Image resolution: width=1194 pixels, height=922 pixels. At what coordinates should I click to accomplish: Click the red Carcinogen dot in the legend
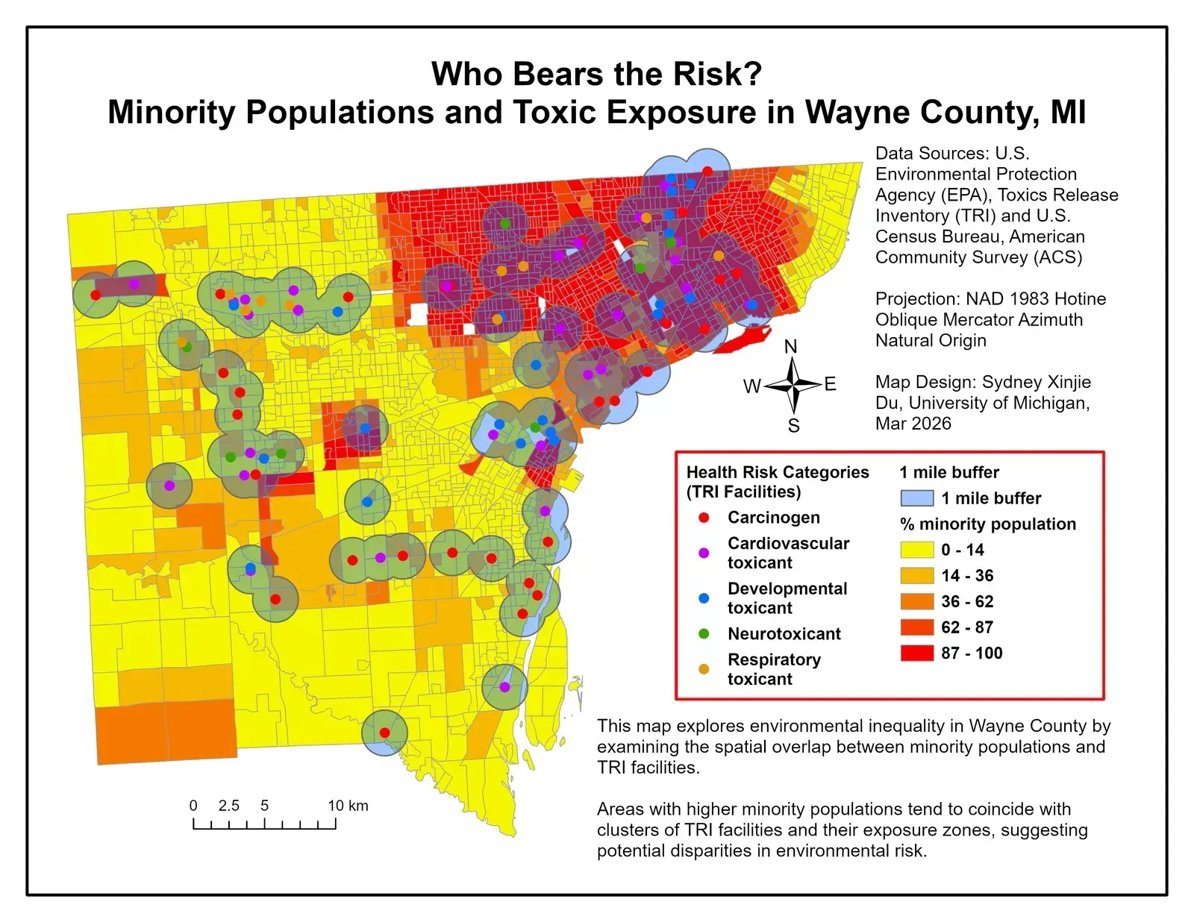tap(704, 518)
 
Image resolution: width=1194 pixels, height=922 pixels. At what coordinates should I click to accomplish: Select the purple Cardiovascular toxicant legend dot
tap(704, 553)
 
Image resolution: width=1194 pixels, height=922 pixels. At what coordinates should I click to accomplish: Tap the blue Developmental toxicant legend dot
tap(704, 598)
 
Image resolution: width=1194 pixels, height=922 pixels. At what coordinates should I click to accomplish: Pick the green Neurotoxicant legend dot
tap(704, 633)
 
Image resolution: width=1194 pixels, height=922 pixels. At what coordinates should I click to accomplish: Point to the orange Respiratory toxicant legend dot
tap(704, 669)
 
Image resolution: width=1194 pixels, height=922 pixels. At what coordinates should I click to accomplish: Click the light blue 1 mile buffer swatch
tap(916, 498)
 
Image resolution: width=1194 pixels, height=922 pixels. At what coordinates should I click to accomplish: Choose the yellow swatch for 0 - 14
tap(916, 550)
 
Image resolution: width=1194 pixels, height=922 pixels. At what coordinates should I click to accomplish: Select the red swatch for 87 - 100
tap(916, 653)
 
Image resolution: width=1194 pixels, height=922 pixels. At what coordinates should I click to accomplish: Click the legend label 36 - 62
tap(967, 601)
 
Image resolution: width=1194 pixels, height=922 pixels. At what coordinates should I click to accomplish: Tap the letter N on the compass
tap(791, 347)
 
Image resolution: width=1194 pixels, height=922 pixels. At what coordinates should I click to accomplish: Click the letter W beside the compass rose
tap(751, 386)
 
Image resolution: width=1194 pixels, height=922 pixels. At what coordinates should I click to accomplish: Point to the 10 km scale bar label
tap(348, 806)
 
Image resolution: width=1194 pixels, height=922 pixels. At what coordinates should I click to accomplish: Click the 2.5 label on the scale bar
tap(229, 806)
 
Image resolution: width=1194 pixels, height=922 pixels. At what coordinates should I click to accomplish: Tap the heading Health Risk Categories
tap(778, 472)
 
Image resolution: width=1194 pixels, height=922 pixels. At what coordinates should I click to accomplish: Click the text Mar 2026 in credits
tap(913, 424)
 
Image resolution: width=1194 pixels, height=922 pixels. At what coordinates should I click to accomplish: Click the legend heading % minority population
tap(988, 524)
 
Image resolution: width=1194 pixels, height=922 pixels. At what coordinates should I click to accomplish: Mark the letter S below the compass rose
tap(793, 426)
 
